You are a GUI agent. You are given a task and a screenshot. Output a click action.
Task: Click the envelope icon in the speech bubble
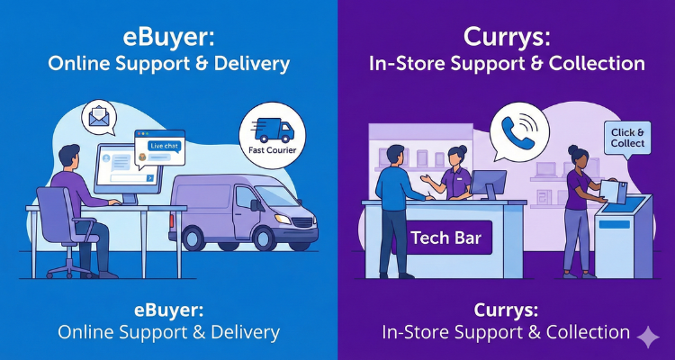(x=98, y=118)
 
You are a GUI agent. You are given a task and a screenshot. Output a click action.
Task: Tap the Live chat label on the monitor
(x=163, y=144)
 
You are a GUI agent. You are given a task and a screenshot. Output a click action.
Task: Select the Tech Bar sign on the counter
(x=445, y=238)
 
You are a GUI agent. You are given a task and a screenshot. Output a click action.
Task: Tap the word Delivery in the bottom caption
(x=244, y=332)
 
